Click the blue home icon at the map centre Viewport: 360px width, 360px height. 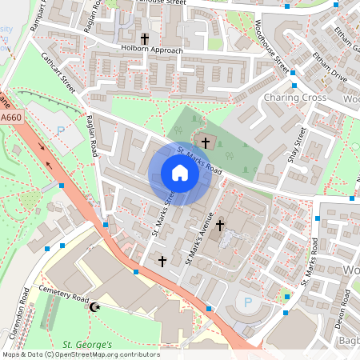(x=180, y=173)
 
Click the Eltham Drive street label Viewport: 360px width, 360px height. (x=330, y=69)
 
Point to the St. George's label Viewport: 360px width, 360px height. (x=87, y=345)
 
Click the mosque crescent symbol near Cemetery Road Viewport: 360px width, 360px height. (x=96, y=307)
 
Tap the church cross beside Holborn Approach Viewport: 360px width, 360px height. (x=145, y=38)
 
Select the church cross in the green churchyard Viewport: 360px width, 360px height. (x=206, y=143)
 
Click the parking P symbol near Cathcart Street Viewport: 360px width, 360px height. (x=60, y=130)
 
